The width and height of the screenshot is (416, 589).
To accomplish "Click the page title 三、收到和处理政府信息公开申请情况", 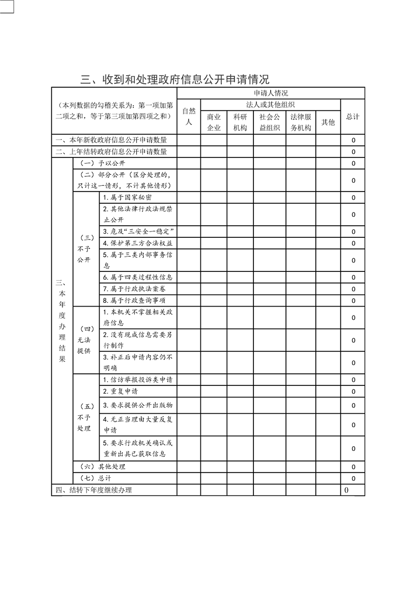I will (175, 80).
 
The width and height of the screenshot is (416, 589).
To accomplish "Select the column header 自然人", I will (188, 116).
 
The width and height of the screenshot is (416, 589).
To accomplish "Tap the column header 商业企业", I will (214, 122).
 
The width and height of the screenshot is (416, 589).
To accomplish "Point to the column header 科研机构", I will (240, 122).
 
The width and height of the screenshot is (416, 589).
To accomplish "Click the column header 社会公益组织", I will (270, 122).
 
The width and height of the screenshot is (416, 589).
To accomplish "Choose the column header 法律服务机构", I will (301, 122).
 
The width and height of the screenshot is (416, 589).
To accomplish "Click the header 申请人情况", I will (270, 93).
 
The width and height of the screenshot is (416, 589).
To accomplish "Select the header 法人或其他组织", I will (270, 104).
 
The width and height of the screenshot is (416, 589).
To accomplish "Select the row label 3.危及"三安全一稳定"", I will (138, 232).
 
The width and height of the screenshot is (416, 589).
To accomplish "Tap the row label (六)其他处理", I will (102, 466).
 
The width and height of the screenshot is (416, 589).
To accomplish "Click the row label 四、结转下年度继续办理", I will (94, 490).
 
